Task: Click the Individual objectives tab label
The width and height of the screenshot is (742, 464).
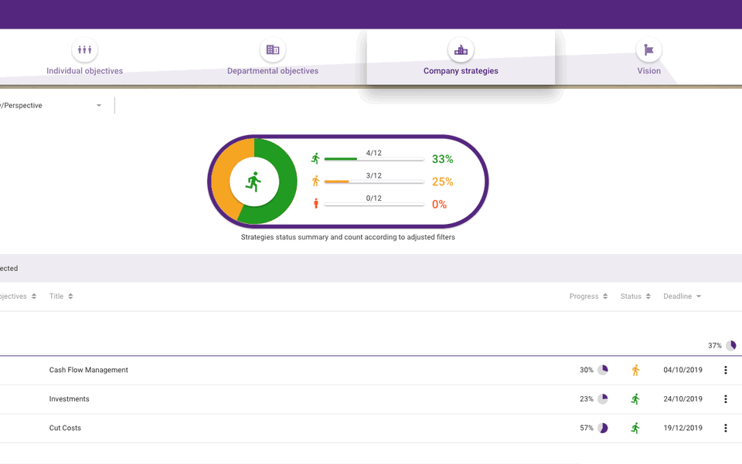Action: tap(84, 71)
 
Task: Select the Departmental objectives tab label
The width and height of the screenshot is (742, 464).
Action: tap(272, 71)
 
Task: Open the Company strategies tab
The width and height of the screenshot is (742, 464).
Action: tap(461, 70)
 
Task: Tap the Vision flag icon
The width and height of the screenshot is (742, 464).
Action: tap(648, 50)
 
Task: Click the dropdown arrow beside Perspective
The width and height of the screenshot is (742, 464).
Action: tap(99, 106)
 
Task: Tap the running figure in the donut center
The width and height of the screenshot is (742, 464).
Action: tap(254, 182)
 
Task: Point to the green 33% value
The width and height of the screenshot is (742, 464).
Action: tap(442, 160)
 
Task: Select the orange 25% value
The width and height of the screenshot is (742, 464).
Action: tap(442, 182)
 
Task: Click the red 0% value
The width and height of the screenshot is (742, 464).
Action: tap(439, 205)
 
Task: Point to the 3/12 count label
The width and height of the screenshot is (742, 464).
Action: tap(374, 176)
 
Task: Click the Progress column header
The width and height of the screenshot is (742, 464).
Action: tap(584, 296)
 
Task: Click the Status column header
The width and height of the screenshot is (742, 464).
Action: tap(631, 296)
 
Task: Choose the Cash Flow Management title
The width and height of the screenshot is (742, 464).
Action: tap(88, 370)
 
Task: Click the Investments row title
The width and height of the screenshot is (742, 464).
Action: tap(69, 399)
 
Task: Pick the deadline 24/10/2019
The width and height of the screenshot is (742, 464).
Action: tap(682, 399)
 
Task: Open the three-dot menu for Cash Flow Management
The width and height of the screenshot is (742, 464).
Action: tap(725, 370)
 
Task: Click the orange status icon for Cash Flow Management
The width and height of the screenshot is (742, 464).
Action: tap(635, 370)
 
